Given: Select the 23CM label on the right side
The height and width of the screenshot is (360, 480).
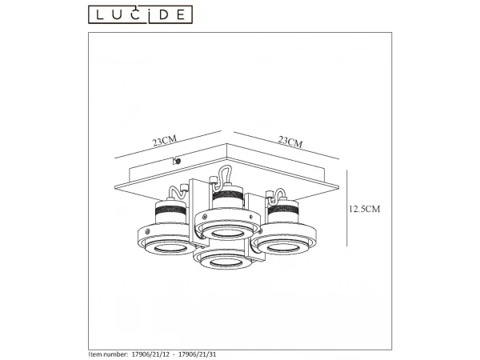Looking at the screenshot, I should [290, 142].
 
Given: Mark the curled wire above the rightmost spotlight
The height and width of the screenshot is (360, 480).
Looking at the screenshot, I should [279, 193].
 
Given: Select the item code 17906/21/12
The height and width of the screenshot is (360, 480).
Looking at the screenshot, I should [154, 353].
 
